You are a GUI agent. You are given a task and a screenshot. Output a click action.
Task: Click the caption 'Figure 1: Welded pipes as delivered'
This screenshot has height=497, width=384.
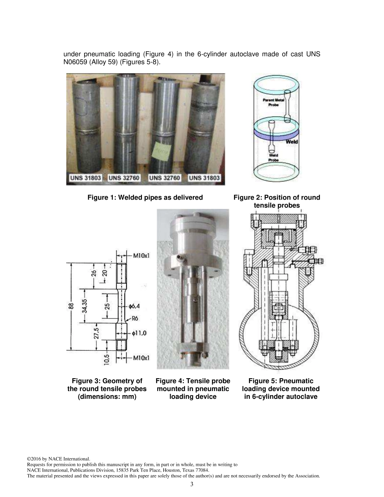coord(145,197)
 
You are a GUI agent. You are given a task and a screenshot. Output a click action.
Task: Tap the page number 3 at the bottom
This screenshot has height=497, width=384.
coord(192,485)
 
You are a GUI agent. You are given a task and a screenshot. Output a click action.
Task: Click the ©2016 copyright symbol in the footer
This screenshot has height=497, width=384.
coord(28,459)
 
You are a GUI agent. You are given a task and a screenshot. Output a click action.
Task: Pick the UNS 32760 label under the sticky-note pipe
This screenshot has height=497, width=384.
coord(164,178)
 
